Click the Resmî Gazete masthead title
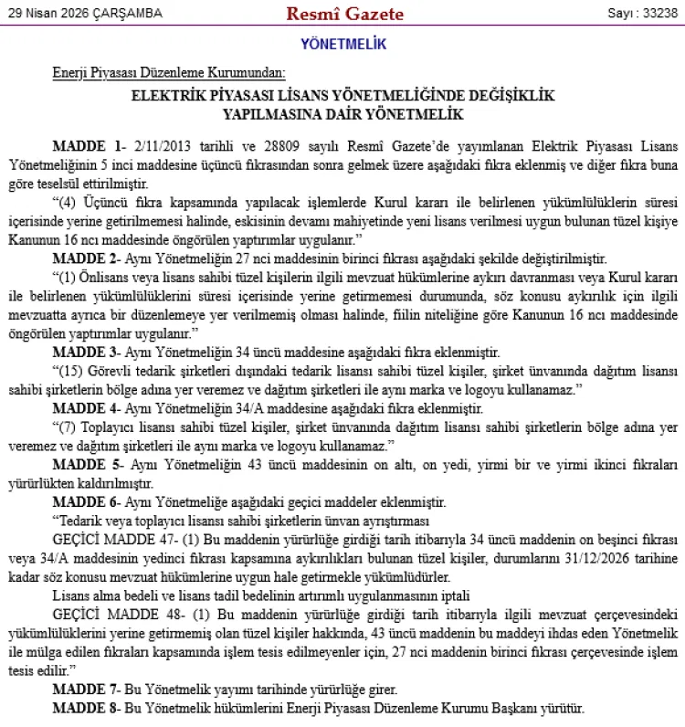click(x=344, y=14)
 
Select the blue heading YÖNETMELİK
click(x=342, y=44)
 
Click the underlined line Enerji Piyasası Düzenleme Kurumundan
click(x=169, y=72)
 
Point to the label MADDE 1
click(x=88, y=145)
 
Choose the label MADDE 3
click(x=87, y=350)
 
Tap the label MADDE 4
click(x=87, y=407)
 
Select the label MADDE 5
click(x=87, y=465)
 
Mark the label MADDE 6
click(x=87, y=501)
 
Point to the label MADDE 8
click(x=87, y=708)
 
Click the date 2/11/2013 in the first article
click(x=163, y=145)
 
